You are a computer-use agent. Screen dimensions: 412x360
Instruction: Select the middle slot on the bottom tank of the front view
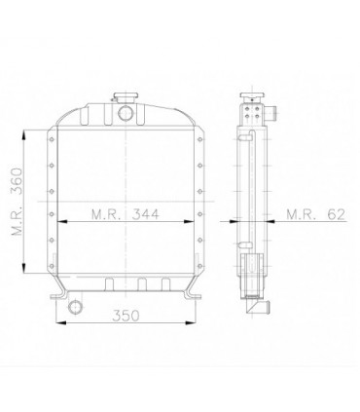click(x=142, y=284)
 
